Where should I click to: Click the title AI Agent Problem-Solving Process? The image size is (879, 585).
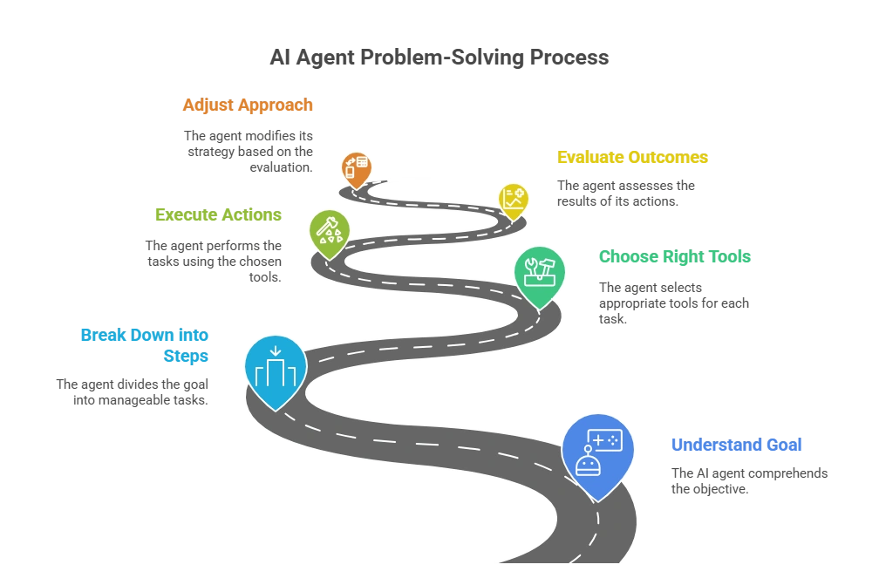439,58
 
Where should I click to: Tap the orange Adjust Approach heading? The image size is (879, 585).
248,105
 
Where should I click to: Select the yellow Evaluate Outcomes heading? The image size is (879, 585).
632,157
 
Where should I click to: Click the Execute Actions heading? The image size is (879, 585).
218,214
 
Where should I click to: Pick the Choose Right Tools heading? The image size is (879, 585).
675,256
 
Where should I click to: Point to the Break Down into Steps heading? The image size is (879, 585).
145,345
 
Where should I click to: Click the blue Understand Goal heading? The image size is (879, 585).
737,445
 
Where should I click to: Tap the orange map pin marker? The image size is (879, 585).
356,170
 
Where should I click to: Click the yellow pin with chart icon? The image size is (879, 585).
514,201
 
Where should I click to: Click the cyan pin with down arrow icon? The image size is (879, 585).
276,372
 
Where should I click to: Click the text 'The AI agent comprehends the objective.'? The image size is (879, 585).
750,480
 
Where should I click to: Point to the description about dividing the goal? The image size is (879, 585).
133,392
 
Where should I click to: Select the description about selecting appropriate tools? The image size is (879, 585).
674,303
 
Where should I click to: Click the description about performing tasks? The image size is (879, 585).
214,262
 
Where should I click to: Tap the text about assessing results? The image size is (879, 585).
625,194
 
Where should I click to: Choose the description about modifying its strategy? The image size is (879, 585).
249,152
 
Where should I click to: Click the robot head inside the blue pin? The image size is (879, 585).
588,463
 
